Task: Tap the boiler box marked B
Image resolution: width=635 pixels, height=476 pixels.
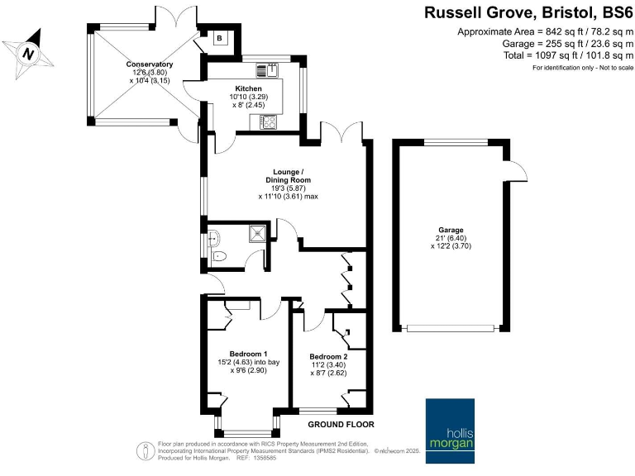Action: (x=219, y=38)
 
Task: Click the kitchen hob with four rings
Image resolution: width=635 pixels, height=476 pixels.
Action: (x=268, y=121)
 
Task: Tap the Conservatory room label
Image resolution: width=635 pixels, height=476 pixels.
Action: (x=149, y=64)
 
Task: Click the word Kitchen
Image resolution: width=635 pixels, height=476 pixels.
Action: (x=248, y=88)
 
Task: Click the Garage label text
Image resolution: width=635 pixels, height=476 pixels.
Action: (x=451, y=230)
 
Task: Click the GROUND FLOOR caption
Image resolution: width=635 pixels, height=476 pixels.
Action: (x=341, y=425)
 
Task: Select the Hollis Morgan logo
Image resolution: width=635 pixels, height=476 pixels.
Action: (x=451, y=426)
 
